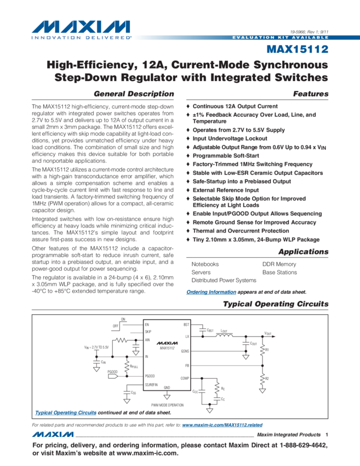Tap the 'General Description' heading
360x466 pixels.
point(134,94)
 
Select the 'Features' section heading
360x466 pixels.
point(311,94)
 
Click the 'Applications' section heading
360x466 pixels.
point(303,252)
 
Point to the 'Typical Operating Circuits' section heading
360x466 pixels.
point(276,304)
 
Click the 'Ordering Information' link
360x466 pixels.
point(212,292)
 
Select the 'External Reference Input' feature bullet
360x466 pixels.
point(225,190)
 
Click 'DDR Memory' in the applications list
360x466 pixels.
point(279,264)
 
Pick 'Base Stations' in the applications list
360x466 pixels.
point(279,272)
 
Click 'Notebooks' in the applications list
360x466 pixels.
point(205,264)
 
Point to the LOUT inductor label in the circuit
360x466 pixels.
point(224,331)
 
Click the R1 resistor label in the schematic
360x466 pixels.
point(267,349)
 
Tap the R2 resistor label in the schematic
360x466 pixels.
point(267,379)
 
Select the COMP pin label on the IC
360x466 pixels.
point(184,378)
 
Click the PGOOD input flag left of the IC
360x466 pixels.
point(112,372)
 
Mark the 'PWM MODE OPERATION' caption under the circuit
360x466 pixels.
point(167,405)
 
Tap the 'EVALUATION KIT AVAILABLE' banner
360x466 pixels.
point(280,37)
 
